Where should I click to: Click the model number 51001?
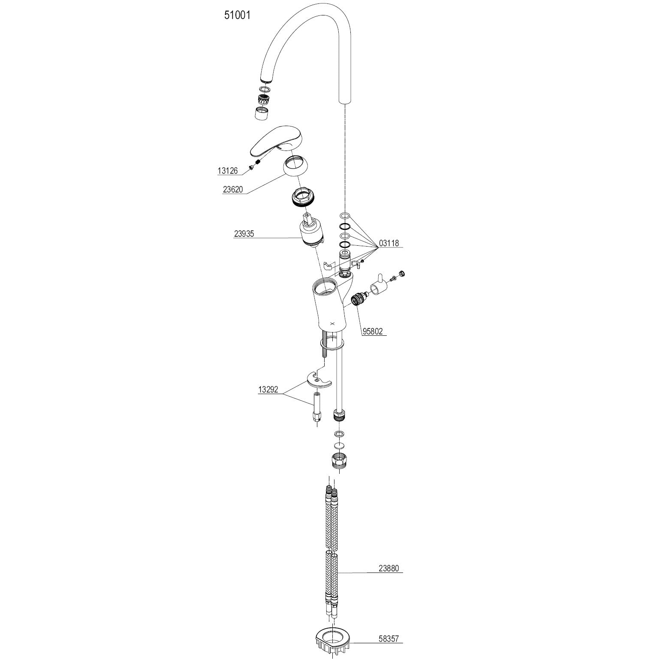tap(237, 15)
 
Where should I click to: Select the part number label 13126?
tap(227, 171)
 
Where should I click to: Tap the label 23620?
tap(233, 189)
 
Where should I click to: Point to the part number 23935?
tap(244, 234)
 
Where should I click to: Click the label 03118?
tap(389, 243)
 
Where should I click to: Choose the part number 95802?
tap(373, 331)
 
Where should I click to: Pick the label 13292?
tap(268, 390)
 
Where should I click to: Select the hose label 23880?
tap(389, 569)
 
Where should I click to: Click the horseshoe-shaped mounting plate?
tap(319, 380)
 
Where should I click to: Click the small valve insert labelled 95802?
tap(358, 298)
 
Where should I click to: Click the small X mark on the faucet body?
tap(332, 324)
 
